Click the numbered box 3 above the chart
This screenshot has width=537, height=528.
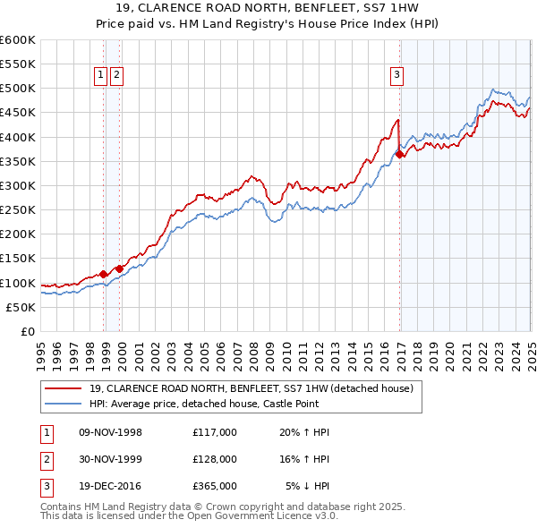pos(396,76)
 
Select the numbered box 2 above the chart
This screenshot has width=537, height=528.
pos(116,76)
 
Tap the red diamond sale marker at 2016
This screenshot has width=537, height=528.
pos(399,154)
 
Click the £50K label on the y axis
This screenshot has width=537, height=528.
pos(21,307)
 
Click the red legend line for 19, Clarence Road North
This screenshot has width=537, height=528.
pos(64,388)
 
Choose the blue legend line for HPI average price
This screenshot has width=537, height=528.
pos(64,404)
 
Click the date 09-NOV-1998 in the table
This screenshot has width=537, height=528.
pos(111,432)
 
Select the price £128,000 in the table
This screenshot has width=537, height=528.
pos(214,459)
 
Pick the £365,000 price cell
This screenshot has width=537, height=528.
pos(214,486)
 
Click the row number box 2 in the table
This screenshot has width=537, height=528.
pos(45,459)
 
